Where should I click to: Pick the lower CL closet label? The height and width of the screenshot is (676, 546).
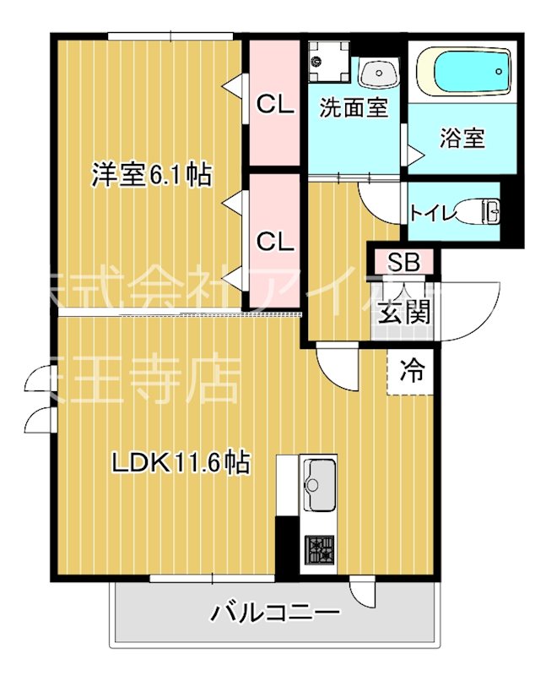274,242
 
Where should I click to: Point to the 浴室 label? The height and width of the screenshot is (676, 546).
462,139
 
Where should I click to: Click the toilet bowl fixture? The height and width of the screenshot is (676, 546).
486,211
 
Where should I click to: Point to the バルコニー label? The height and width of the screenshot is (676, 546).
275,611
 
